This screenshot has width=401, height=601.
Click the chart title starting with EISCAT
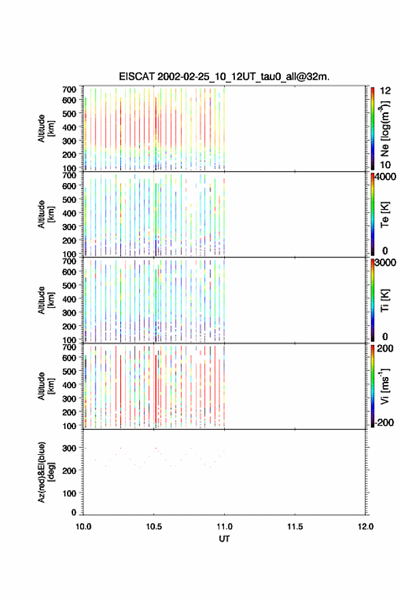click(x=224, y=76)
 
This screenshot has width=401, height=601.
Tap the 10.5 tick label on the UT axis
click(x=154, y=527)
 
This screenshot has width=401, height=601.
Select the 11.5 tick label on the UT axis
click(x=295, y=527)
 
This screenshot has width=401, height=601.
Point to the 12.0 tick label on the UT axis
click(x=365, y=527)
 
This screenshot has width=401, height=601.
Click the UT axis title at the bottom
click(x=224, y=539)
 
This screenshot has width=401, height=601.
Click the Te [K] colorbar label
click(x=385, y=214)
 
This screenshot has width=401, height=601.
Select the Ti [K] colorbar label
click(x=385, y=300)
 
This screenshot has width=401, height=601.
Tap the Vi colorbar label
click(x=385, y=386)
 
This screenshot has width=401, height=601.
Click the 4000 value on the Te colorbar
click(x=385, y=177)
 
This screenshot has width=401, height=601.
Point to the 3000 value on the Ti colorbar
click(x=385, y=263)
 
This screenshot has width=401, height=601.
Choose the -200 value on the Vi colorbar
click(x=385, y=422)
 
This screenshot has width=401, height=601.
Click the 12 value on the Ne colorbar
click(x=385, y=91)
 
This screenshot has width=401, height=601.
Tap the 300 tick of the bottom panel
click(x=70, y=448)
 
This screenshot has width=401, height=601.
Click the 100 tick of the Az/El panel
click(x=70, y=493)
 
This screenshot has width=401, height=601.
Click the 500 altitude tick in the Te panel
click(x=69, y=199)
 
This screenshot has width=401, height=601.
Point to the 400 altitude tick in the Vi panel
click(x=69, y=385)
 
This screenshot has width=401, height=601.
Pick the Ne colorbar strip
click(x=372, y=128)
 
